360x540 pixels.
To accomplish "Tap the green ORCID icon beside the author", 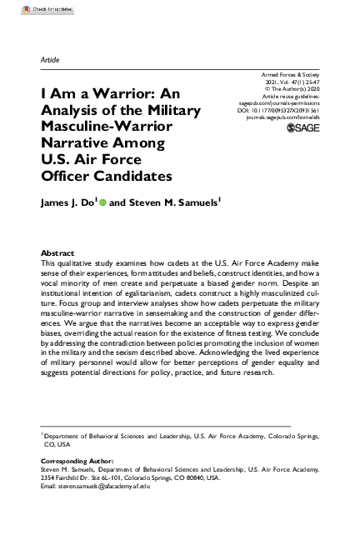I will pyautogui.click(x=103, y=202).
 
